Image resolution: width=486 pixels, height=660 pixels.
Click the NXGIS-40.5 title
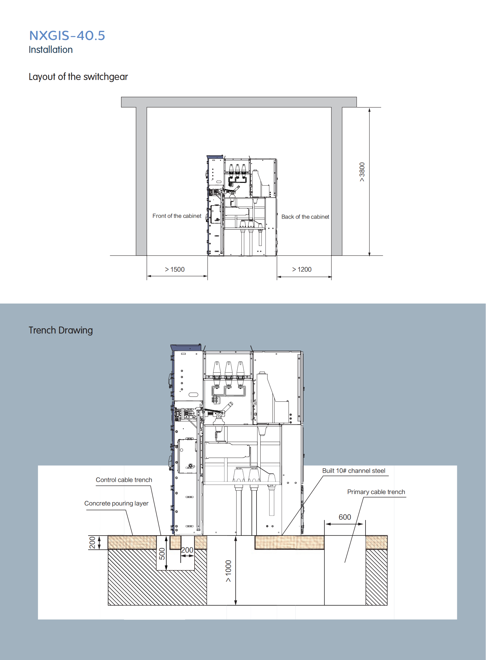(x=67, y=35)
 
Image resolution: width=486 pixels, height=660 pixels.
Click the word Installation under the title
(x=51, y=50)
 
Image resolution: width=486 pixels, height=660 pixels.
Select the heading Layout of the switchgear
(x=78, y=77)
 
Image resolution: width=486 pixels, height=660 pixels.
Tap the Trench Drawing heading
(x=61, y=331)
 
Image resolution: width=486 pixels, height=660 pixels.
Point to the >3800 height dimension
(x=362, y=172)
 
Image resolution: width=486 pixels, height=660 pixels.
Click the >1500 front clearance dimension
(x=175, y=269)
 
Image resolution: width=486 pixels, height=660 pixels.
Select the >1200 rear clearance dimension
(x=302, y=269)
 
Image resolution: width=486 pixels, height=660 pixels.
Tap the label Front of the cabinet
(x=177, y=216)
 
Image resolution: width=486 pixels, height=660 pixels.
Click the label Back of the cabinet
(x=305, y=217)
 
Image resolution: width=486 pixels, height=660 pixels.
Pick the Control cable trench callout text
(x=124, y=480)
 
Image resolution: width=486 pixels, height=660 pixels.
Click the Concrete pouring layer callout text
(x=116, y=503)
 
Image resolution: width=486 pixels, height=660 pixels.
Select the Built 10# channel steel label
(x=353, y=471)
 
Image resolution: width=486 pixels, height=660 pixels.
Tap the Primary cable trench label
(x=376, y=492)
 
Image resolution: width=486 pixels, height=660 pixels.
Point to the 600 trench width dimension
(x=345, y=517)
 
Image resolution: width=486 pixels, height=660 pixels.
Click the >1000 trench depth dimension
(x=229, y=571)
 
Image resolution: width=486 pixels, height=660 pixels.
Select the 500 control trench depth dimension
(x=162, y=554)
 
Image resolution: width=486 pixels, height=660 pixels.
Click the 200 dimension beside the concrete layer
(x=92, y=543)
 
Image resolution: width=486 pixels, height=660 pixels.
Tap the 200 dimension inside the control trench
(x=187, y=550)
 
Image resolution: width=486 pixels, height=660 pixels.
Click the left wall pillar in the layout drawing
(x=141, y=181)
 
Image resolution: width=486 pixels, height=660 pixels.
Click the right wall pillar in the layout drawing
(x=336, y=181)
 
